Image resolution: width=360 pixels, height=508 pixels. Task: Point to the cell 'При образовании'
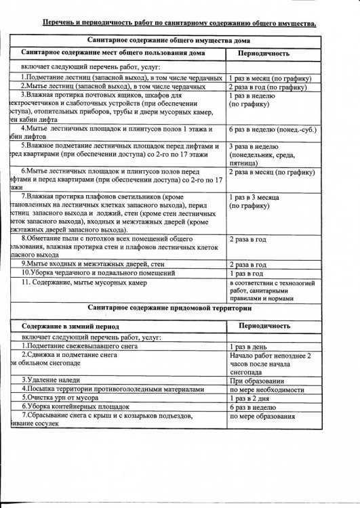click(256, 380)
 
